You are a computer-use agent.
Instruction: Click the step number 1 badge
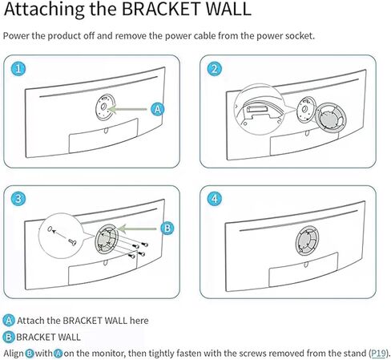(x=18, y=69)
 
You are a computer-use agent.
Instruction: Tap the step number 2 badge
(x=215, y=69)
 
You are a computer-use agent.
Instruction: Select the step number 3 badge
(x=18, y=199)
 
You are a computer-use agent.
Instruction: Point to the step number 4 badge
(x=215, y=199)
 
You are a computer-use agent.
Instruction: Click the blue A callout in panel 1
(x=158, y=109)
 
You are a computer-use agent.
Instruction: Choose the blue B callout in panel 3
(x=167, y=229)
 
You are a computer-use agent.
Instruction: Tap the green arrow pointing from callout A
(x=127, y=109)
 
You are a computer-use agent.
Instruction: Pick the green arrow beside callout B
(x=137, y=229)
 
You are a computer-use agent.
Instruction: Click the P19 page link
(x=379, y=353)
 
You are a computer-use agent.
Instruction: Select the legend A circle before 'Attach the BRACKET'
(x=9, y=321)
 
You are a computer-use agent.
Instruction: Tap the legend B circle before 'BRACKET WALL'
(x=9, y=337)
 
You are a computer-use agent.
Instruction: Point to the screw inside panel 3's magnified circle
(x=72, y=242)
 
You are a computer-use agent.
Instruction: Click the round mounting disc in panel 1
(x=104, y=107)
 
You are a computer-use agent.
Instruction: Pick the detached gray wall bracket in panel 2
(x=331, y=117)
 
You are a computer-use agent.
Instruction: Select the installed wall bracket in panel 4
(x=307, y=241)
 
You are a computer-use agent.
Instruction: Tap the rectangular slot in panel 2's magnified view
(x=258, y=109)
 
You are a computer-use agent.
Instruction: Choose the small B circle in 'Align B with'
(x=30, y=354)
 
